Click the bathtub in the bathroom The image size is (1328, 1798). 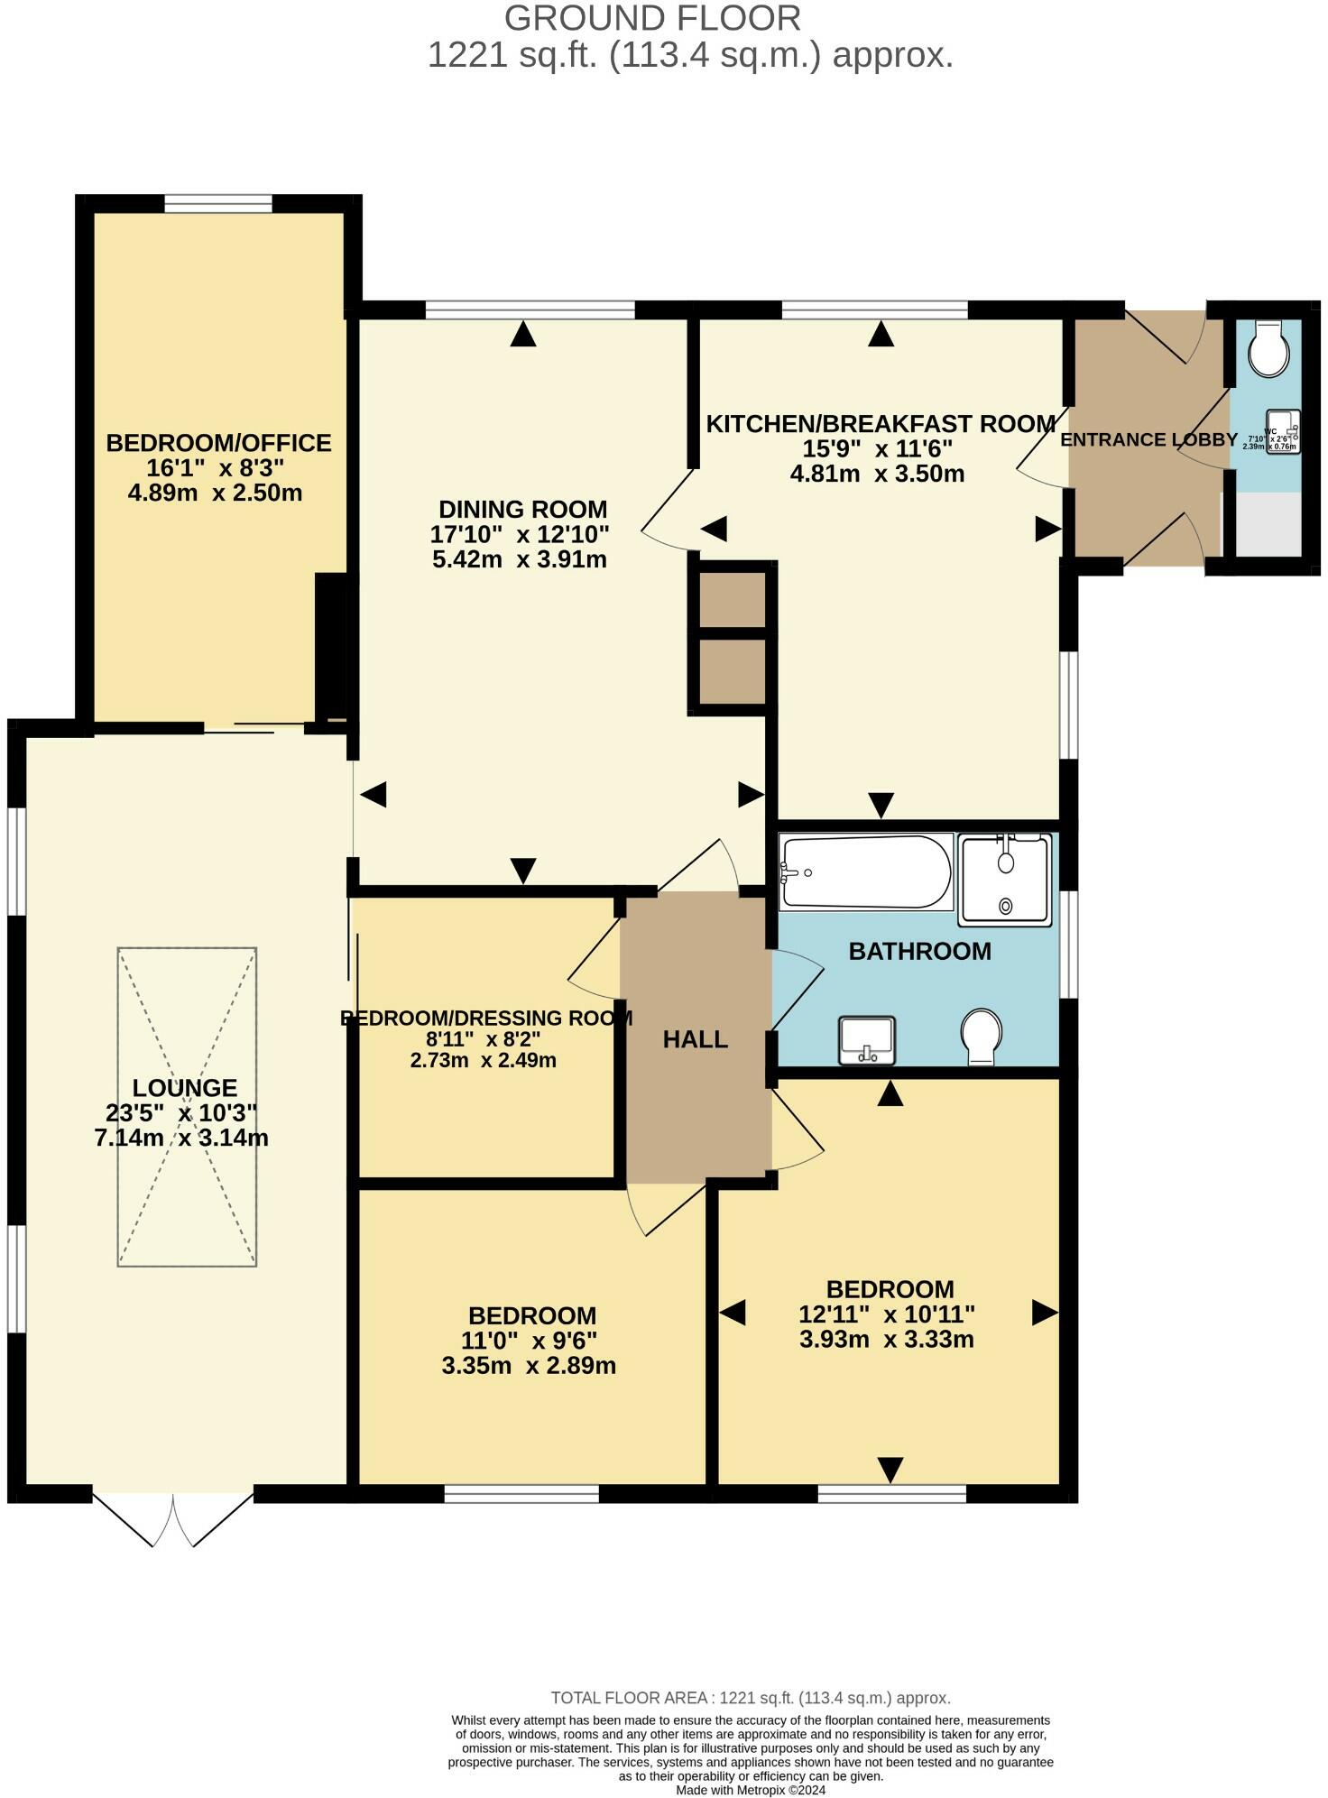pyautogui.click(x=866, y=871)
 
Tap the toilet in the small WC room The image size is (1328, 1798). pyautogui.click(x=1269, y=349)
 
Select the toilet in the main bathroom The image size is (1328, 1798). pyautogui.click(x=982, y=1035)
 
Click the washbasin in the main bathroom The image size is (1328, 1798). pyautogui.click(x=867, y=1039)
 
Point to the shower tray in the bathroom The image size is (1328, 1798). pyautogui.click(x=1005, y=879)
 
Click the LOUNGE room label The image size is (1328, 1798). pyautogui.click(x=184, y=1088)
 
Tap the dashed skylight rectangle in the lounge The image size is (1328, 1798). pyautogui.click(x=187, y=1106)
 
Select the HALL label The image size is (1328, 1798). pyautogui.click(x=695, y=1039)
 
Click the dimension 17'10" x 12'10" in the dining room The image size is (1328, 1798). pyautogui.click(x=520, y=534)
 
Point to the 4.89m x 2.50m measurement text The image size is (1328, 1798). pyautogui.click(x=215, y=493)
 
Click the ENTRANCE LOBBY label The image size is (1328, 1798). pyautogui.click(x=1148, y=440)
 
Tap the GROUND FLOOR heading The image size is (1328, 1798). pyautogui.click(x=652, y=18)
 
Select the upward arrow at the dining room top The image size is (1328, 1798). pyautogui.click(x=523, y=335)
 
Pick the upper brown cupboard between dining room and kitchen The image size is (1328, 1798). pyautogui.click(x=727, y=599)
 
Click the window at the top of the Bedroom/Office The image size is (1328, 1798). pyautogui.click(x=218, y=204)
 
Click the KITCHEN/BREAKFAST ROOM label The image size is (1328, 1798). pyautogui.click(x=880, y=423)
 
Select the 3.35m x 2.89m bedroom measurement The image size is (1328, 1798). pyautogui.click(x=529, y=1365)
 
